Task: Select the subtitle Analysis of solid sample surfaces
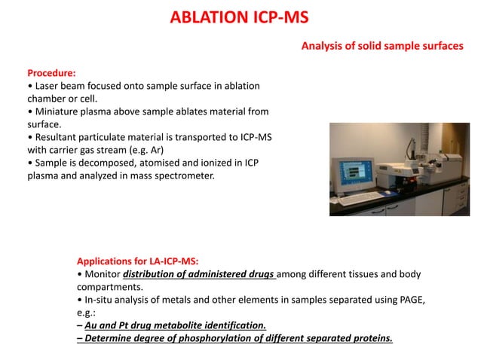coord(382,47)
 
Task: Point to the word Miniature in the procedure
coord(57,111)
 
